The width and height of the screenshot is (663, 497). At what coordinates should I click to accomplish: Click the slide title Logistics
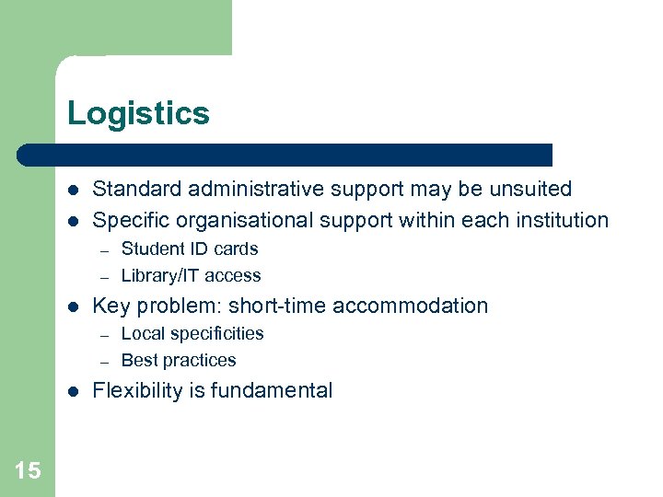(138, 114)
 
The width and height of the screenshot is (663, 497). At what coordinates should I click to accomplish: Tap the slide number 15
(28, 471)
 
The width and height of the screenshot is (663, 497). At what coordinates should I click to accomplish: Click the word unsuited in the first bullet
(533, 190)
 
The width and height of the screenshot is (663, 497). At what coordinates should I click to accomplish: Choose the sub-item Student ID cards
(190, 248)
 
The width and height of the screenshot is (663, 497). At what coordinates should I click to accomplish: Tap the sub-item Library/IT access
(191, 275)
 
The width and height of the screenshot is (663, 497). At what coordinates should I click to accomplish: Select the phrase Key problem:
(157, 306)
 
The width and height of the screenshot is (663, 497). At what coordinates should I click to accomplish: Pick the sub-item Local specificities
(192, 333)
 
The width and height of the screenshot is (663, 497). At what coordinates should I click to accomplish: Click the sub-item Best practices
(179, 360)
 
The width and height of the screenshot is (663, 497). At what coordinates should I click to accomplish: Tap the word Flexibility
(138, 390)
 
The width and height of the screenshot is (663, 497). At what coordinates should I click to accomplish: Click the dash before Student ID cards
(105, 249)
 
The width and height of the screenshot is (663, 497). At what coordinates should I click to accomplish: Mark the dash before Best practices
(105, 361)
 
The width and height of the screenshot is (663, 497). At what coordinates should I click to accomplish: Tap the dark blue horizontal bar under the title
(285, 155)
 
